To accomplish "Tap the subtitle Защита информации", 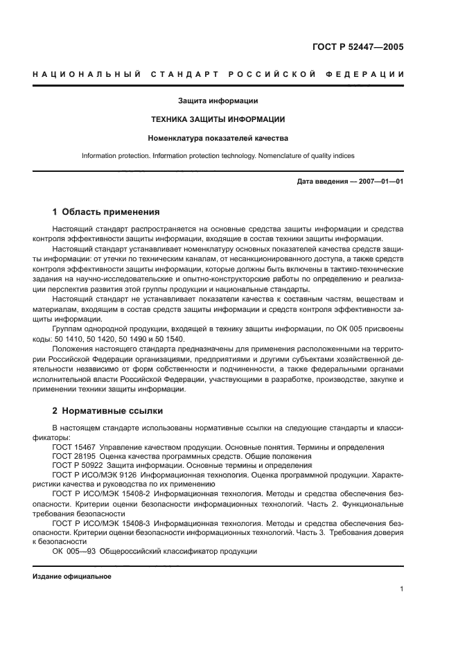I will [x=218, y=101].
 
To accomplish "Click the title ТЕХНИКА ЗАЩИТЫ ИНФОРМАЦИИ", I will [x=218, y=119].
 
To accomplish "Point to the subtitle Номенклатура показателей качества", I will [x=218, y=137].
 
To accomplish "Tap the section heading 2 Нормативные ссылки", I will [x=106, y=410].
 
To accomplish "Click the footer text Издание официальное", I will [x=72, y=577].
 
